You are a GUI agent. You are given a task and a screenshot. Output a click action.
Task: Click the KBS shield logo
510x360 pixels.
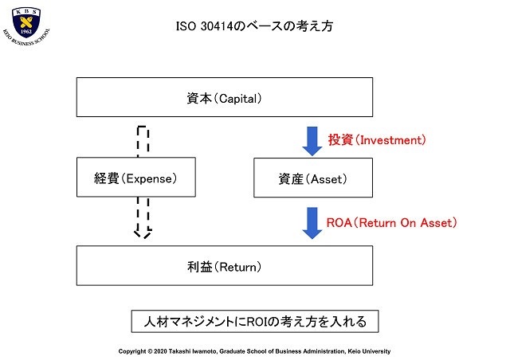(x=26, y=22)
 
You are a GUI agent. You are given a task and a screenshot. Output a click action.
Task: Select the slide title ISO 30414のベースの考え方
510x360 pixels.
(x=255, y=26)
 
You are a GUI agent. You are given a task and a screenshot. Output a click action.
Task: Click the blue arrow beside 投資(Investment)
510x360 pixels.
(x=312, y=141)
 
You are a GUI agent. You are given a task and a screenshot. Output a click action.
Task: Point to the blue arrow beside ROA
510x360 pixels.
(x=312, y=223)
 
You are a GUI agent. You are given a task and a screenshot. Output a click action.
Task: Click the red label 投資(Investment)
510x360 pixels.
(x=377, y=140)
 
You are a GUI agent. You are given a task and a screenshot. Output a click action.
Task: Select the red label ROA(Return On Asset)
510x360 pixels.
(x=391, y=223)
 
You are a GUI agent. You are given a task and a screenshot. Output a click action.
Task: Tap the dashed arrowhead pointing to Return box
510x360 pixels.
(x=143, y=233)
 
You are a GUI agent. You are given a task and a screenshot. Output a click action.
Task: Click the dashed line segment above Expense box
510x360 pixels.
(x=143, y=142)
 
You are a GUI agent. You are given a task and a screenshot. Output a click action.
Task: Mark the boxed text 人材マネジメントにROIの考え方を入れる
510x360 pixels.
(x=255, y=321)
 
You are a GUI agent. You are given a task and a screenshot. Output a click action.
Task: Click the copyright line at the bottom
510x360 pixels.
(x=254, y=351)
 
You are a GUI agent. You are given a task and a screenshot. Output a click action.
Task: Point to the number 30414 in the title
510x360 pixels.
(x=217, y=26)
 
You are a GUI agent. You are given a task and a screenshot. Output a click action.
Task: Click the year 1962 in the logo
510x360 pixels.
(x=26, y=32)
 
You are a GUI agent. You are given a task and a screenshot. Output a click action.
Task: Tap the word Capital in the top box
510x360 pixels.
(x=238, y=99)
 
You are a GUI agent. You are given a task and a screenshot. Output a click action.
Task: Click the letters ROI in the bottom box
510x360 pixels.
(x=257, y=322)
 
